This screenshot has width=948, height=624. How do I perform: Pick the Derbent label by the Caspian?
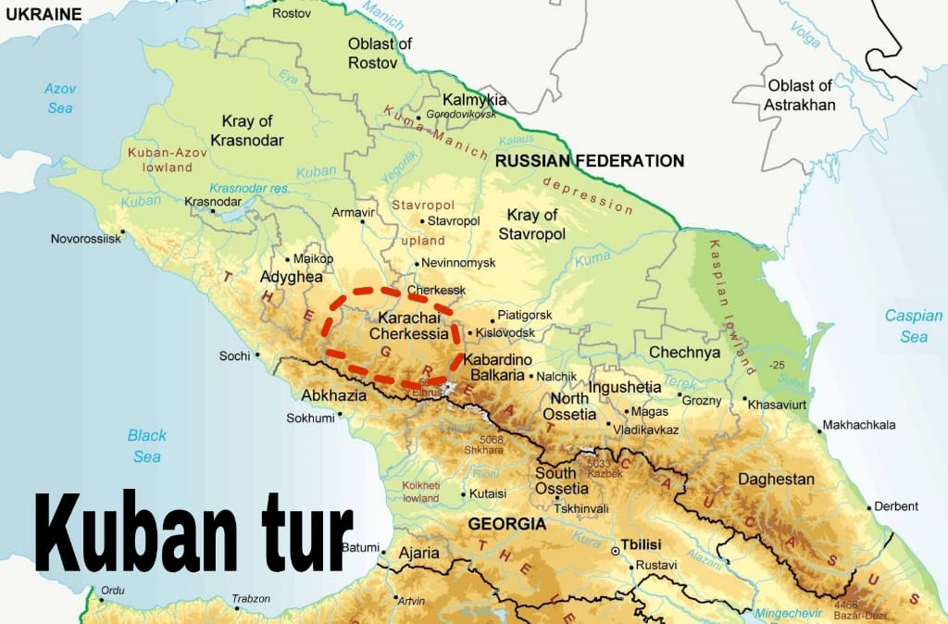tap(896, 506)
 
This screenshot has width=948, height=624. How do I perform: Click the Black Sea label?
tap(146, 445)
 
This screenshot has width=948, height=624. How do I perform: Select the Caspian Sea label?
tap(913, 326)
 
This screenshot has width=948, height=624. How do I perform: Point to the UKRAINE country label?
tap(41, 14)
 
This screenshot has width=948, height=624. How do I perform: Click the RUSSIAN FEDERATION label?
tap(589, 161)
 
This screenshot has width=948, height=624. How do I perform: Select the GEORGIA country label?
tap(506, 524)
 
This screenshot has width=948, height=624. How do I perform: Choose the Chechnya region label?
tap(684, 352)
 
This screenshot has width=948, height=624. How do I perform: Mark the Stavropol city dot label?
tap(454, 221)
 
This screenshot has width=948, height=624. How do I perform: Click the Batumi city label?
tap(360, 547)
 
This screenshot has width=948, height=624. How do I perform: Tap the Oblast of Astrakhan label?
tap(799, 94)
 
